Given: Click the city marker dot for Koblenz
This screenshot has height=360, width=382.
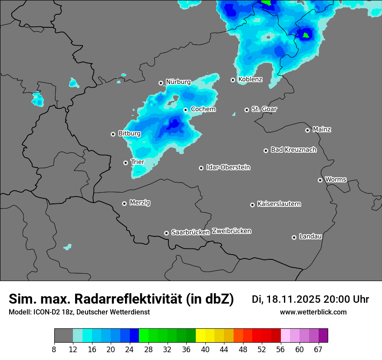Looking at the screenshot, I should click(233, 80).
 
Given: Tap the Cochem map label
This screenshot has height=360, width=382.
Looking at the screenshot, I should click(203, 109).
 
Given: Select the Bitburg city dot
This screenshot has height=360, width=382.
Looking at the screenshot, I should click(113, 134).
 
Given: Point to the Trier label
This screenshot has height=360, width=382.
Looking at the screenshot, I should click(138, 162).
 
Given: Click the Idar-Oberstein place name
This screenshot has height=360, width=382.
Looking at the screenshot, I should click(228, 167).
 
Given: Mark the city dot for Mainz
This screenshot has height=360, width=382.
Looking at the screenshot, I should click(308, 130).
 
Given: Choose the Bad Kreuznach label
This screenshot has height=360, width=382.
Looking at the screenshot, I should click(293, 150).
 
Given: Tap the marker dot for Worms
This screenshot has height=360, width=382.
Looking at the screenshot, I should click(320, 180).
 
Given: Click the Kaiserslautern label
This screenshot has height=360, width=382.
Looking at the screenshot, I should click(279, 204).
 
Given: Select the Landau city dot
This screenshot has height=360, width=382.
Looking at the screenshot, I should click(294, 237).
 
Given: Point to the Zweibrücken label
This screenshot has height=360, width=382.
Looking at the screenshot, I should click(231, 231).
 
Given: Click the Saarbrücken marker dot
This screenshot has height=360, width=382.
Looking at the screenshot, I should click(166, 233).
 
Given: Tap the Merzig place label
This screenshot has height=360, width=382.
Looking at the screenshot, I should click(140, 203).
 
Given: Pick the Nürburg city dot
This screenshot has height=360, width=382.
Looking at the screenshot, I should click(161, 83).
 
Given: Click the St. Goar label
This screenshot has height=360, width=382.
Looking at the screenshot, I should click(264, 109).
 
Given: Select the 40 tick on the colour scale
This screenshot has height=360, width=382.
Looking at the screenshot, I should click(205, 350).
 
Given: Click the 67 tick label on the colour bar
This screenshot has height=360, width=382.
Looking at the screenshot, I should click(319, 350).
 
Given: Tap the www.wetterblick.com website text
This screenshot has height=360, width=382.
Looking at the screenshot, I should click(313, 312).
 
